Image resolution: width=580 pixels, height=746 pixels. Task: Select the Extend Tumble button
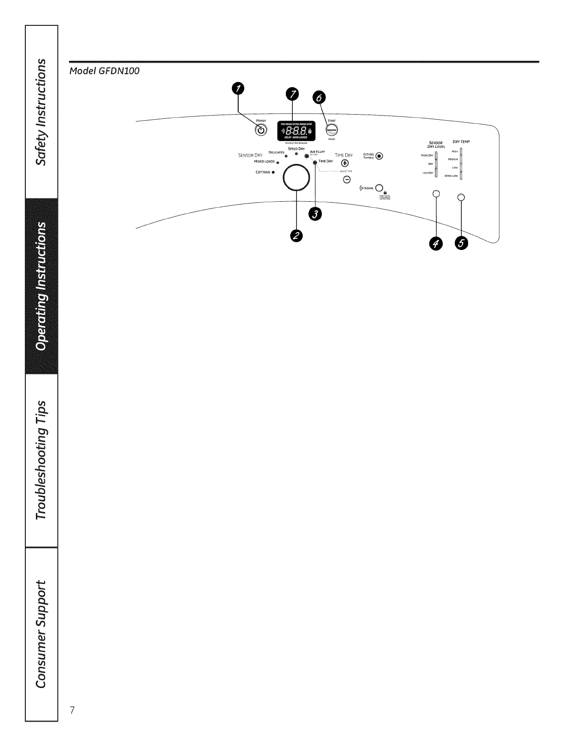coord(379,156)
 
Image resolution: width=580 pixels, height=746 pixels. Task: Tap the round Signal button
coord(379,187)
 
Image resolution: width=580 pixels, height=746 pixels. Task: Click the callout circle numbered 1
coord(238,89)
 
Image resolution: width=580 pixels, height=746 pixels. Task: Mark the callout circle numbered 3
coord(316,214)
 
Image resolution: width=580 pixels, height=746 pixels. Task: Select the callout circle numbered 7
coord(292,94)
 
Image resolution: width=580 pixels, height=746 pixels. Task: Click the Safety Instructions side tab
coord(41,112)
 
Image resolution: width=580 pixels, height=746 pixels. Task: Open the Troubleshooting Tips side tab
coord(41,460)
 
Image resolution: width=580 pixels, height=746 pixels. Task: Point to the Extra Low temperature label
coord(451,176)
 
